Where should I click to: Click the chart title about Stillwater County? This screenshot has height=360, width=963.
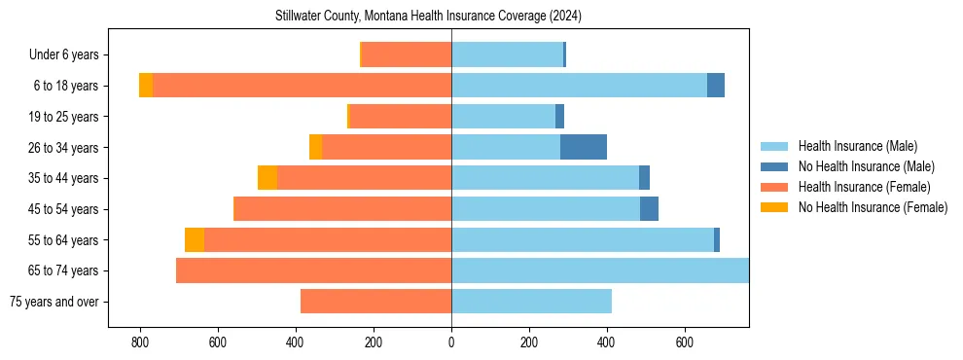click(428, 16)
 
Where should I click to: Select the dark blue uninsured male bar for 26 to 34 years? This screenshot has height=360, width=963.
click(584, 147)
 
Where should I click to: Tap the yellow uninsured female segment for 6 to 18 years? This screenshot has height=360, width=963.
click(146, 86)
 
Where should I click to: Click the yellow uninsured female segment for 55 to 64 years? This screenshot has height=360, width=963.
click(195, 239)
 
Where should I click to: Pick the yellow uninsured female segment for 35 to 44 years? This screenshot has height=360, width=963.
click(267, 178)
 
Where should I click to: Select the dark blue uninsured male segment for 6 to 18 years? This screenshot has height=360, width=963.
click(716, 86)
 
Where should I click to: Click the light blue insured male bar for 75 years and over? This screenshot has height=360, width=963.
click(531, 302)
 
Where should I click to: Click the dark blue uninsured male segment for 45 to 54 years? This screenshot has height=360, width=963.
click(649, 209)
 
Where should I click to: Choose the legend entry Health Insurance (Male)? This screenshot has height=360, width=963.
click(857, 146)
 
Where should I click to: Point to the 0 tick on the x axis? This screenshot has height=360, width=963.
click(451, 343)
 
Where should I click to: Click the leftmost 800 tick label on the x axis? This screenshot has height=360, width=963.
click(140, 343)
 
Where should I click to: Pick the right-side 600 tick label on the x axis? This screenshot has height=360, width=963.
click(684, 343)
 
